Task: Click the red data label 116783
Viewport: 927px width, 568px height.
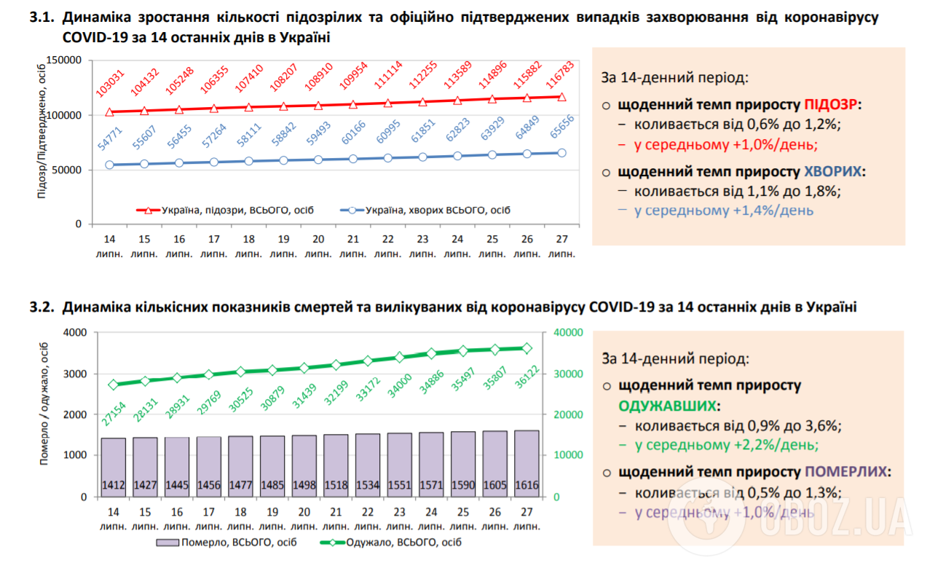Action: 559,75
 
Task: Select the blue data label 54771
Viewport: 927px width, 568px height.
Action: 110,138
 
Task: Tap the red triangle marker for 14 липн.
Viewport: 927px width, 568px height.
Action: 110,112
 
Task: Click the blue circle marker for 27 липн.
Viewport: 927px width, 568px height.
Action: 561,153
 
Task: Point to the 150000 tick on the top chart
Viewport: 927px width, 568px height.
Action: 64,60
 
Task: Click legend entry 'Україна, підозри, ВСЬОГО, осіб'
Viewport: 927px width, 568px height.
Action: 225,210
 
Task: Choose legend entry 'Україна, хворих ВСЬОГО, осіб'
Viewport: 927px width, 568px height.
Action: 425,210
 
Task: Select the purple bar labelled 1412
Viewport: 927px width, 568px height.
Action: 114,467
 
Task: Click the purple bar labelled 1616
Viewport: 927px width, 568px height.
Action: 526,463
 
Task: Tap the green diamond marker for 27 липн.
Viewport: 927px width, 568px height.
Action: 526,348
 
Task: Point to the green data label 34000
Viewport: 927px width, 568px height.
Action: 399,385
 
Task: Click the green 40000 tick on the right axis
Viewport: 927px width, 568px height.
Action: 568,333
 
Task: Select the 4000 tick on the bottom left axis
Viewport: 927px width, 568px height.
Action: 75,333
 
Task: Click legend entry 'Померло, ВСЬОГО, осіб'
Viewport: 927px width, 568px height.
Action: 226,543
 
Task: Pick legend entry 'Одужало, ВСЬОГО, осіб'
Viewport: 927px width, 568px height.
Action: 390,543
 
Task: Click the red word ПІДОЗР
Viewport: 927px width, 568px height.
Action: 830,105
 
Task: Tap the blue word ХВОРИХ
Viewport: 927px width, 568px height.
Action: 832,172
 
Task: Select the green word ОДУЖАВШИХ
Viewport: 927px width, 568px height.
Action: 667,406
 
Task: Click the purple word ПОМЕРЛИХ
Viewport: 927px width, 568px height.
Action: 845,472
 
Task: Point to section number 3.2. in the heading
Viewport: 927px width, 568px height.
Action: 42,307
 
